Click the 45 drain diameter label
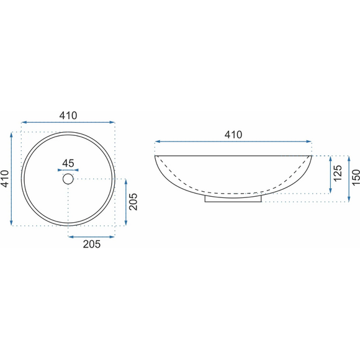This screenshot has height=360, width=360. (68, 163)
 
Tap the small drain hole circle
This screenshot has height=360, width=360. (68, 179)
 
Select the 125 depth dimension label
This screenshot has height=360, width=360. (338, 173)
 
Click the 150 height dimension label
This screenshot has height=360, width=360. (356, 178)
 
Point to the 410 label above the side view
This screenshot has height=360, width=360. (233, 135)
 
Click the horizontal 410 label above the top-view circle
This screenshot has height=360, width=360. (68, 115)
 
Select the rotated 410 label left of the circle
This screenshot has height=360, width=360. (4, 179)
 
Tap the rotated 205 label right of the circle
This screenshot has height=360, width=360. (133, 202)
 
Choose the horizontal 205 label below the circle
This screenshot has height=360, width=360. (92, 244)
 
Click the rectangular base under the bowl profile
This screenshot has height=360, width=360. (233, 200)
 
